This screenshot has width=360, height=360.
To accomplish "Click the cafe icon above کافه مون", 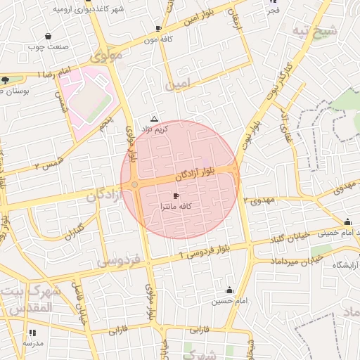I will click(158, 28).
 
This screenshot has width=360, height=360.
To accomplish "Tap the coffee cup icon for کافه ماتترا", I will click(175, 195).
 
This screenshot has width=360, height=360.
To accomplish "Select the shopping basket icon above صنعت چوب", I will click(48, 36).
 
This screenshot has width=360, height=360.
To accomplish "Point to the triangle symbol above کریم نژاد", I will click(155, 120).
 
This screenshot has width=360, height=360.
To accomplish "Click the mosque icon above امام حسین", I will click(229, 290).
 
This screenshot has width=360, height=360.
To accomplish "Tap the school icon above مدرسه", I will click(32, 333).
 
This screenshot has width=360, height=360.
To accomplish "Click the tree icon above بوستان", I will click(6, 79).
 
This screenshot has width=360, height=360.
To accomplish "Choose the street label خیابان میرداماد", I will click(293, 261).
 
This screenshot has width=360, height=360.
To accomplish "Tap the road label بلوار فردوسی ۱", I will click(203, 251).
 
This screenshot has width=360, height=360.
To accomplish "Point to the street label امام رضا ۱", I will click(56, 73).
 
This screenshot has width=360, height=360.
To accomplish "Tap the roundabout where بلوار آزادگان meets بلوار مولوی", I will click(134, 184).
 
